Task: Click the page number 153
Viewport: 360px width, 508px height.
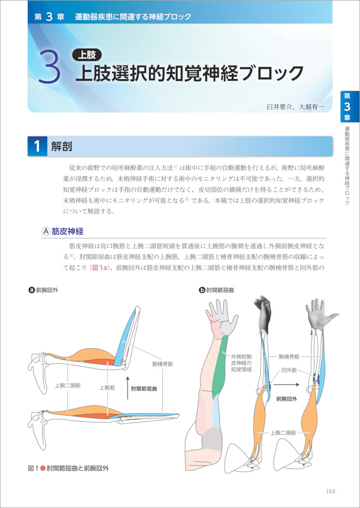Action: click(x=330, y=491)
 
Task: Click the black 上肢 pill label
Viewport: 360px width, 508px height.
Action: click(x=86, y=55)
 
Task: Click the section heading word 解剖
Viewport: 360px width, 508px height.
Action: click(x=62, y=146)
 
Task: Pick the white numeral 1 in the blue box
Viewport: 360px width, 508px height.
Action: click(x=37, y=146)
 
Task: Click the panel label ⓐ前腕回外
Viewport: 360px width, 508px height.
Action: click(x=43, y=290)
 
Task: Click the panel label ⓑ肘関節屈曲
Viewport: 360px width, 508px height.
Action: click(x=216, y=290)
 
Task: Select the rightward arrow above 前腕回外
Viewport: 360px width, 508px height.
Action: click(x=286, y=385)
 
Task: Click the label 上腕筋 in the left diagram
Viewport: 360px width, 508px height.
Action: click(x=106, y=387)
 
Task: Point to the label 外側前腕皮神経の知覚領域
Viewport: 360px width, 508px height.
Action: click(x=242, y=362)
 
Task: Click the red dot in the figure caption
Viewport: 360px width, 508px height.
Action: click(x=42, y=468)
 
